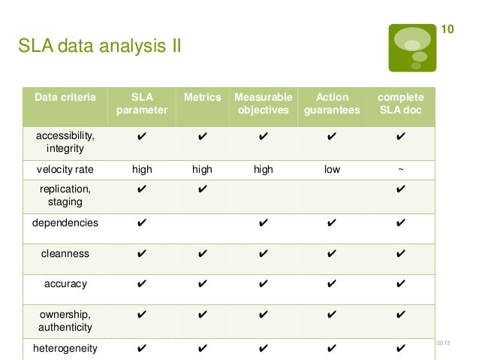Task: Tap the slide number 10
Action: (x=446, y=29)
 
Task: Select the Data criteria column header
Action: (x=65, y=97)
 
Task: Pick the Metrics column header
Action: (x=202, y=97)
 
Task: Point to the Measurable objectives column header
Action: (x=263, y=104)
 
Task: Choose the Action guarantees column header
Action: (x=332, y=104)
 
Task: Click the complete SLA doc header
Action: (x=400, y=104)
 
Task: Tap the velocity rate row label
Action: (x=65, y=170)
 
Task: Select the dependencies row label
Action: (x=65, y=223)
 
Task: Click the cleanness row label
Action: (x=65, y=254)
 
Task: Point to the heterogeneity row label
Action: (x=65, y=348)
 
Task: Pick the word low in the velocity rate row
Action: (x=332, y=170)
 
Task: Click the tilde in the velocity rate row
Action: (x=400, y=170)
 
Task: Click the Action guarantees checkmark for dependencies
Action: (x=332, y=223)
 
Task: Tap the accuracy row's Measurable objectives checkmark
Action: (x=263, y=285)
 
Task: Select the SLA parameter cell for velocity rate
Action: (x=142, y=170)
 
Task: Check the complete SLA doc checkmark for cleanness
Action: (x=400, y=254)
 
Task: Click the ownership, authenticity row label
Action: (x=65, y=321)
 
